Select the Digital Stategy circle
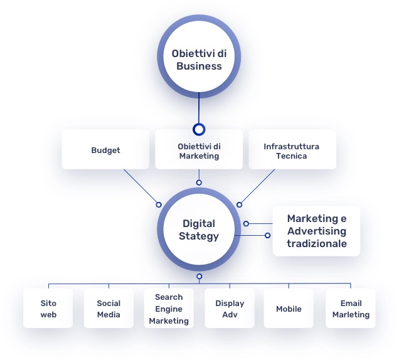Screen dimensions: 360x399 [199, 230]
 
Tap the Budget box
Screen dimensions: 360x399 [105, 150]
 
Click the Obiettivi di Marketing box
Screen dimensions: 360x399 [199, 151]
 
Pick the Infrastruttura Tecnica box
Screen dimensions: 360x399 [292, 151]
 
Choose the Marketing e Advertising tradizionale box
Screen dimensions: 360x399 [316, 231]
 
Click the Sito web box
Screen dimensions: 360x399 [48, 309]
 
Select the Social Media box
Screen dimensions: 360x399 [109, 309]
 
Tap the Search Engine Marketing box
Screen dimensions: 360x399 [169, 309]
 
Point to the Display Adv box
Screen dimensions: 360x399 [230, 309]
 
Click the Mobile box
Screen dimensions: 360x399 [289, 309]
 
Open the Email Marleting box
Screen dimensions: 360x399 [351, 309]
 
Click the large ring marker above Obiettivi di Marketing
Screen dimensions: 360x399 [199, 130]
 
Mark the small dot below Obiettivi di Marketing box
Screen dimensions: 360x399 [199, 183]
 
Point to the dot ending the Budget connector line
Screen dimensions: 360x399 [159, 204]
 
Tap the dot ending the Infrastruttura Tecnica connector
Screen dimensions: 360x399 [239, 204]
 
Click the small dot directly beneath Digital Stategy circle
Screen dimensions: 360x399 [199, 277]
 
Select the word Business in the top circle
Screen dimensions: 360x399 [199, 66]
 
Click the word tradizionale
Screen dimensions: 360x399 [316, 243]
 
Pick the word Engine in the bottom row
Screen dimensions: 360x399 [169, 309]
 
